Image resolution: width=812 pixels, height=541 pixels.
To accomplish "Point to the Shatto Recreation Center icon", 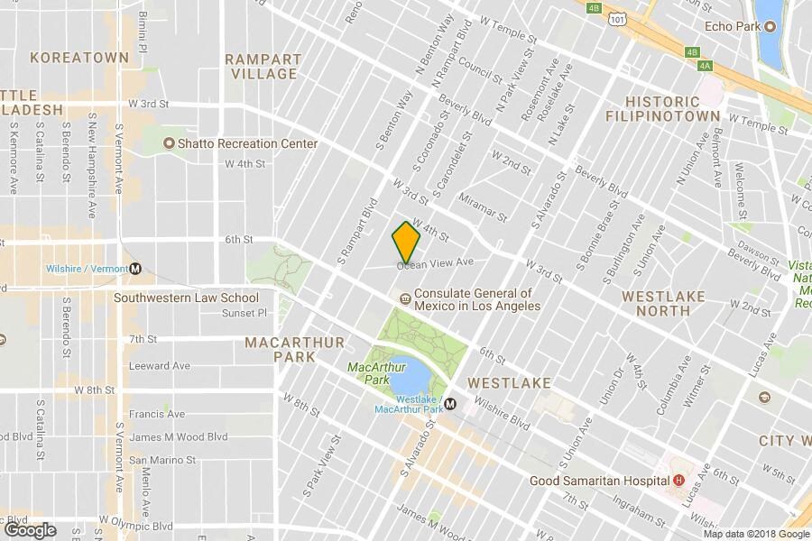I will (169, 143).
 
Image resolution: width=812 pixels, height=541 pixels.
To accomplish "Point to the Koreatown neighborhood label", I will (79, 58).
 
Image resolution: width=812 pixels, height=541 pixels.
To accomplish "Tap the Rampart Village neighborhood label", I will (263, 66).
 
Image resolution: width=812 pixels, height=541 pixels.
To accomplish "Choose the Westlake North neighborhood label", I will (663, 302).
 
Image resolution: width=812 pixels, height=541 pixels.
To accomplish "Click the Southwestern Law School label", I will (186, 298).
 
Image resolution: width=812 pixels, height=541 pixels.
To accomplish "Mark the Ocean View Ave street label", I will (438, 263).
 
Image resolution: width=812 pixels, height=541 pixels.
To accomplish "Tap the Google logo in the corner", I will (30, 530).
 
